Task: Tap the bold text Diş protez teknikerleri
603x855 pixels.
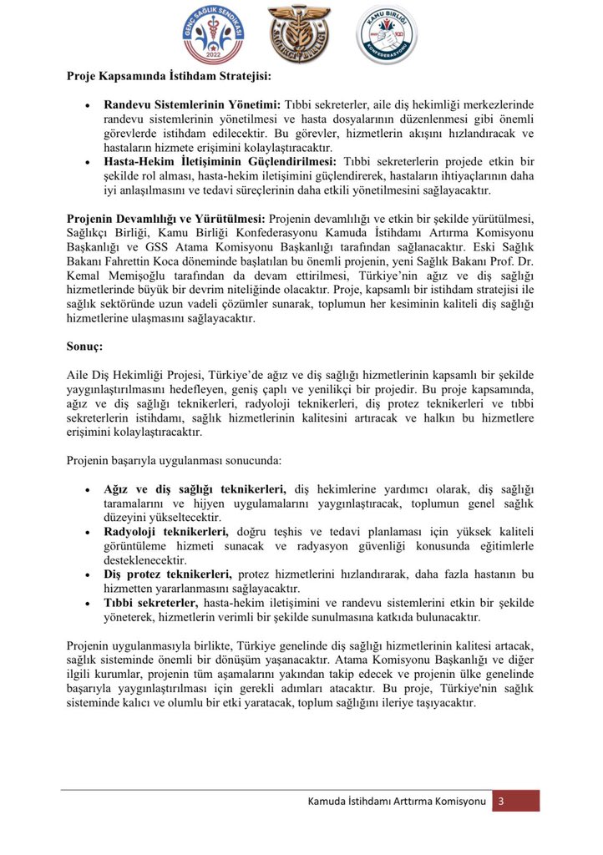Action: coord(169,574)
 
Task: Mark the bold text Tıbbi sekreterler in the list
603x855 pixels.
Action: coord(151,602)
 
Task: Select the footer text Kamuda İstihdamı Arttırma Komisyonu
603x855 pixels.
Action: coord(397,802)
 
